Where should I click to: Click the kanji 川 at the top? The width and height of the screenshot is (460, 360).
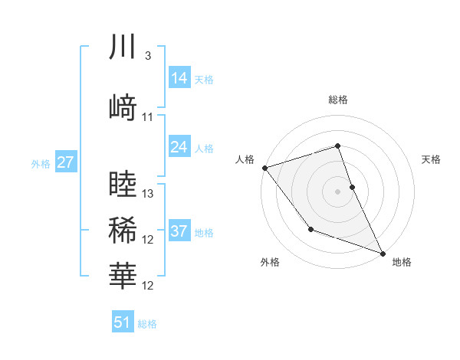click(123, 47)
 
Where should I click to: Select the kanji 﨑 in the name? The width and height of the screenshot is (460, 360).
click(123, 107)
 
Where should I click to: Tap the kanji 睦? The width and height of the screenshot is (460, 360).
click(123, 185)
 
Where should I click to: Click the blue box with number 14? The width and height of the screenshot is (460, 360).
click(179, 78)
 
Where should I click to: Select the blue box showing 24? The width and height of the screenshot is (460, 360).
click(179, 147)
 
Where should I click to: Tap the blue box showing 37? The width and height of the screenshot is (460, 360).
click(179, 232)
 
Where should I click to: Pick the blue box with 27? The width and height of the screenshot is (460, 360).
click(66, 162)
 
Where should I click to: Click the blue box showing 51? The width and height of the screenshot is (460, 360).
click(123, 322)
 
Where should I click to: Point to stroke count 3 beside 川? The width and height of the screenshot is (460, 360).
click(147, 57)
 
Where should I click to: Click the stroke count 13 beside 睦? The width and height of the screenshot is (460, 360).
click(149, 194)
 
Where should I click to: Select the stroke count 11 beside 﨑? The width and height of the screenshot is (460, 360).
click(148, 117)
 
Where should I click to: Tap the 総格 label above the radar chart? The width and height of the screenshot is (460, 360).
click(338, 100)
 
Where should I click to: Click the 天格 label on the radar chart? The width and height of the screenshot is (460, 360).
click(431, 159)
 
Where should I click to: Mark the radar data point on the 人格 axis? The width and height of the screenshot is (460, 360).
click(264, 167)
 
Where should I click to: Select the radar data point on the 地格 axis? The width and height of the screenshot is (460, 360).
click(383, 253)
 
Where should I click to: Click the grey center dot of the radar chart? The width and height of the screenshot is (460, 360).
click(338, 191)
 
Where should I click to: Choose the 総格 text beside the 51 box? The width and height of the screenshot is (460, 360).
click(147, 324)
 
